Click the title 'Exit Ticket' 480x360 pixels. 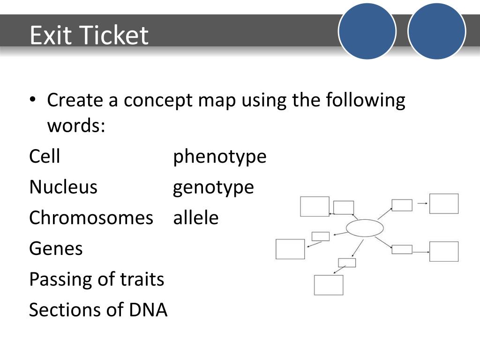tap(89, 36)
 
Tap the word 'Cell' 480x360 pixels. tap(45, 156)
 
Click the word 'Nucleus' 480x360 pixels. tap(63, 187)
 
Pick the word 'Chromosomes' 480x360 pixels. tap(91, 217)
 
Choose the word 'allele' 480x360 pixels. tap(196, 217)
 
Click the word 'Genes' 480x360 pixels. tap(56, 248)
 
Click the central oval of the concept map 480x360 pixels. tap(365, 228)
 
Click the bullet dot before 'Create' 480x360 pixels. tap(32, 101)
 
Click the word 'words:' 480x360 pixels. tap(76, 126)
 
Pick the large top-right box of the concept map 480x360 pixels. tap(444, 203)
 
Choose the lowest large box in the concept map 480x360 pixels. tap(329, 285)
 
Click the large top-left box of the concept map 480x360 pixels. tap(315, 206)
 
